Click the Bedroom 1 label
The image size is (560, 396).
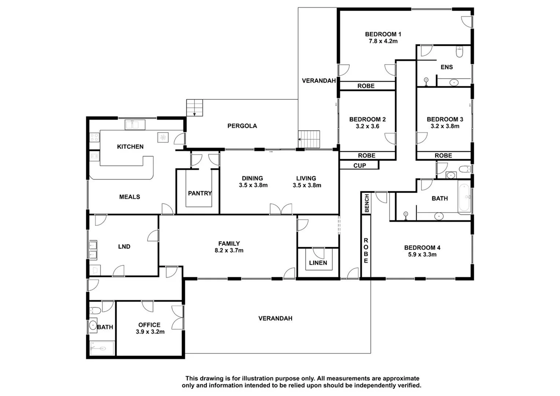[383, 34]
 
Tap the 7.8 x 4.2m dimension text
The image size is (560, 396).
[383, 41]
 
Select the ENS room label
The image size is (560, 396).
[446, 67]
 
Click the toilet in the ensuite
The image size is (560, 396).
[459, 52]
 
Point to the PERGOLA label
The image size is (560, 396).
[242, 126]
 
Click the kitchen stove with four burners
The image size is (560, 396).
[94, 137]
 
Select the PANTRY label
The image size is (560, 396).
[200, 193]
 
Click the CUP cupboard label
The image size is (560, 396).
[359, 166]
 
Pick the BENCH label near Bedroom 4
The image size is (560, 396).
[366, 203]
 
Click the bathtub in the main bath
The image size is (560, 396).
[464, 198]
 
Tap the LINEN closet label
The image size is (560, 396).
[318, 263]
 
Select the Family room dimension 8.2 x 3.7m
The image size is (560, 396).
[229, 251]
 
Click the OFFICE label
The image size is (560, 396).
[149, 325]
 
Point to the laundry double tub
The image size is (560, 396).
[92, 249]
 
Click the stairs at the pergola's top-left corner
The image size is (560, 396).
[194, 108]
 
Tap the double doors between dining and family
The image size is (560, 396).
[281, 209]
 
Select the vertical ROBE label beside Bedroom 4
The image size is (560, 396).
[366, 251]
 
